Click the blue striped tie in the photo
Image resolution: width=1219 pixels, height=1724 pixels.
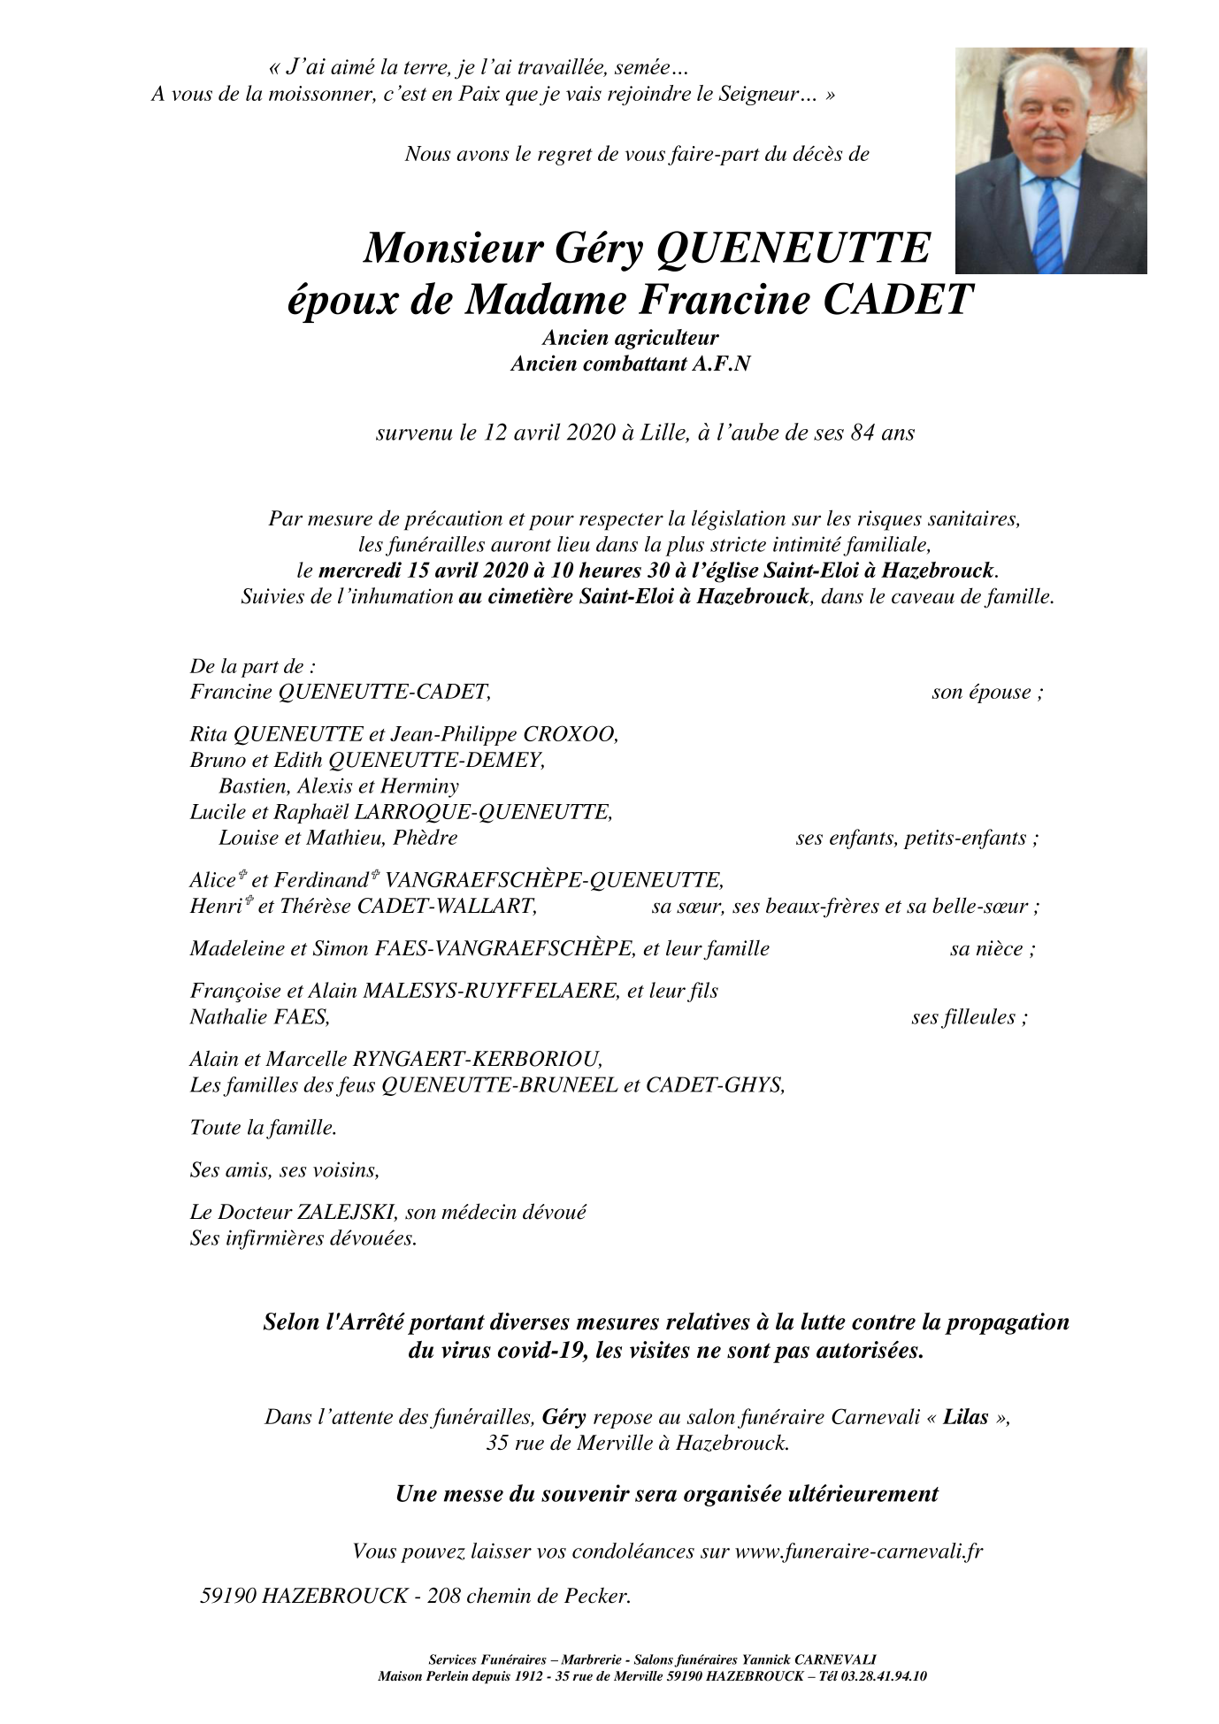tap(1047, 226)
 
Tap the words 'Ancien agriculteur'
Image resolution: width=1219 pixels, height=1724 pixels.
tap(630, 337)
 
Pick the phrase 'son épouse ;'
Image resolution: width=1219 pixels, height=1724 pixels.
tap(986, 692)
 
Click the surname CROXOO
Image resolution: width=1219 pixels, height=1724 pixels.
tap(571, 734)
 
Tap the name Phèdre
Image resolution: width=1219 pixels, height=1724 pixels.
tap(425, 838)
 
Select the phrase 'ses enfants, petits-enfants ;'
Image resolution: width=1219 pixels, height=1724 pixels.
tap(916, 838)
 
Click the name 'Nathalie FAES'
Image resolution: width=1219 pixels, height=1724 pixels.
tap(259, 1017)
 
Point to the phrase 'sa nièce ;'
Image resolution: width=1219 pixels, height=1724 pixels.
tap(992, 949)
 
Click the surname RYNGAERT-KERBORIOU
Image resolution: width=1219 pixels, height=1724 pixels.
tap(478, 1059)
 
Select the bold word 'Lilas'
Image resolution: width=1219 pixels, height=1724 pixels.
tap(965, 1417)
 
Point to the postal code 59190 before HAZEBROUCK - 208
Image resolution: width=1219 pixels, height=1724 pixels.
tap(228, 1597)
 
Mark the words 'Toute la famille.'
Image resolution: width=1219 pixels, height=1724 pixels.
tap(264, 1128)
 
